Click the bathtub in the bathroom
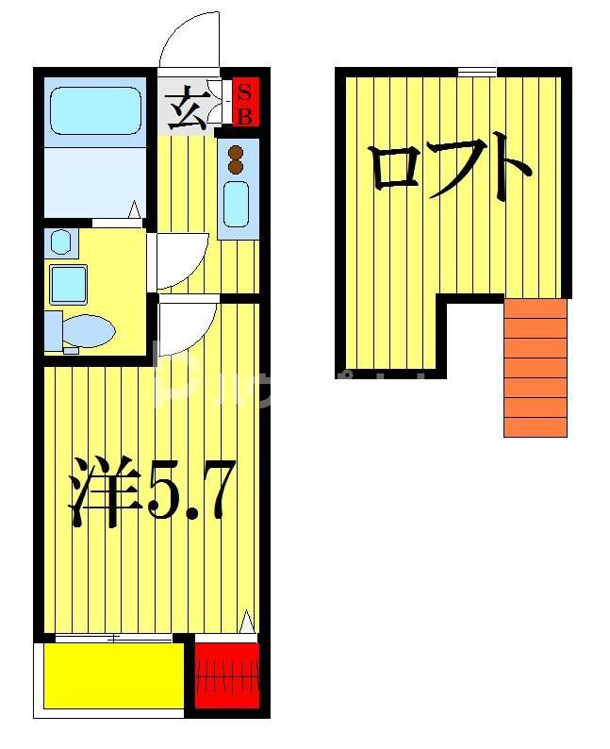(93, 110)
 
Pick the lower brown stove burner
(236, 167)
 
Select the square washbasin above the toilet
(67, 282)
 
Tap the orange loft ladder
(535, 368)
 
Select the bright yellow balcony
(113, 674)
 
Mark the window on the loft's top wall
(477, 72)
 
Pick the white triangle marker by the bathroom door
(135, 209)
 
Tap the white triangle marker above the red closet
(246, 622)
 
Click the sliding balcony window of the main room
(113, 639)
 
